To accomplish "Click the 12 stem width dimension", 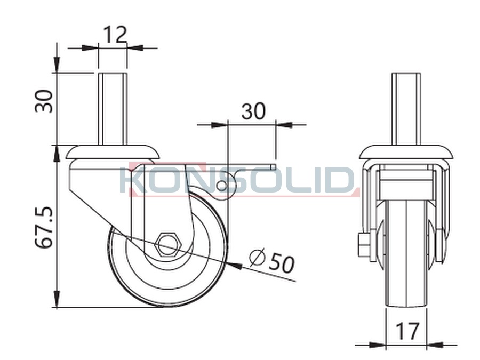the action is [115, 34].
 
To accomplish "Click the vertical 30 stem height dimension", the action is [44, 101].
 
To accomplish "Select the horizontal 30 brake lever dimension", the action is [253, 111].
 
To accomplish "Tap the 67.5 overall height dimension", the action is [44, 227].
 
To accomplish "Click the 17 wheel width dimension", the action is [407, 331].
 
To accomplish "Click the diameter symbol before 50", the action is [257, 257].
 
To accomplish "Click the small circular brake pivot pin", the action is [221, 185].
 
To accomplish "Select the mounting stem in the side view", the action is [113, 109].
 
